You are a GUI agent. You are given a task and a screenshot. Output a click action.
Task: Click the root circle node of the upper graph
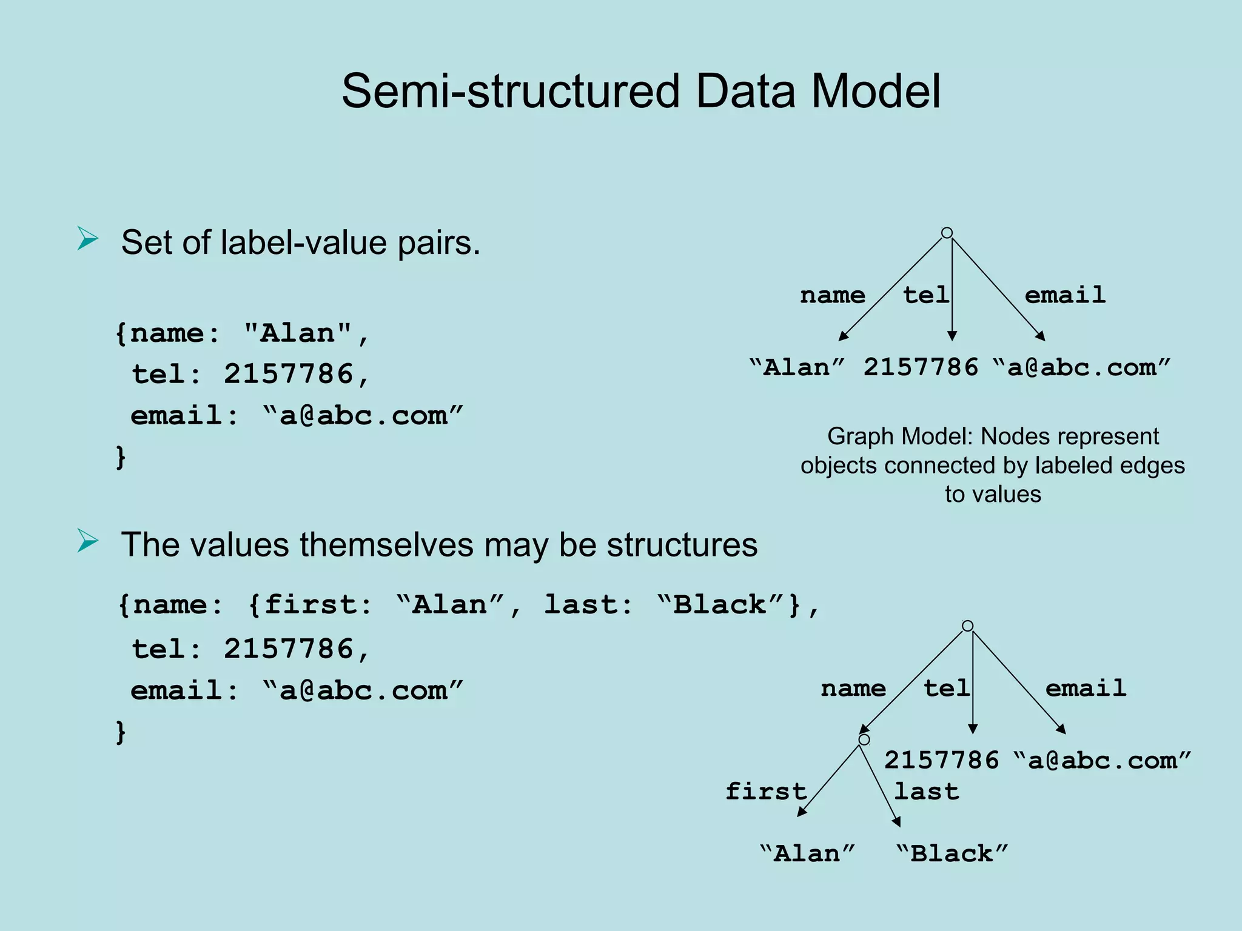(947, 233)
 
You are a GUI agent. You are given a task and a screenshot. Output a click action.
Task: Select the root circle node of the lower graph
(968, 626)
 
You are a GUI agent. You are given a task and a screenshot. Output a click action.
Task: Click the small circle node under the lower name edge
(864, 739)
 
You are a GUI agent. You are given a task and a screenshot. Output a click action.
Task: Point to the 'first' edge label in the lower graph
(766, 791)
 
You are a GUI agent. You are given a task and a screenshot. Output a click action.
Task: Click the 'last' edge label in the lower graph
(927, 791)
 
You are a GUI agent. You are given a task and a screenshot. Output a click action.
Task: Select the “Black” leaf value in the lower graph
(952, 853)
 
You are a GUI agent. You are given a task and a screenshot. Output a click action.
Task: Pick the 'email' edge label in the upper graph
(1065, 295)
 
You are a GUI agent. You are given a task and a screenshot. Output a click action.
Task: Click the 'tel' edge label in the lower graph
(946, 688)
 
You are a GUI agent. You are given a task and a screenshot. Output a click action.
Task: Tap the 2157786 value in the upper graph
(921, 367)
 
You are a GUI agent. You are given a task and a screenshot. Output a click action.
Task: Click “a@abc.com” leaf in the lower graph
(1102, 760)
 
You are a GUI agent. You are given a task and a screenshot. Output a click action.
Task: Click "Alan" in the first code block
(298, 333)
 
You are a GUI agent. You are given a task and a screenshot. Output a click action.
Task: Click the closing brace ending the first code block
(121, 457)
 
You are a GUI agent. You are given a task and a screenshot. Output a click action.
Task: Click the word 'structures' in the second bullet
(682, 544)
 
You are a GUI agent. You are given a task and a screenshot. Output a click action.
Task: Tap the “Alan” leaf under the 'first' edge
(807, 853)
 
